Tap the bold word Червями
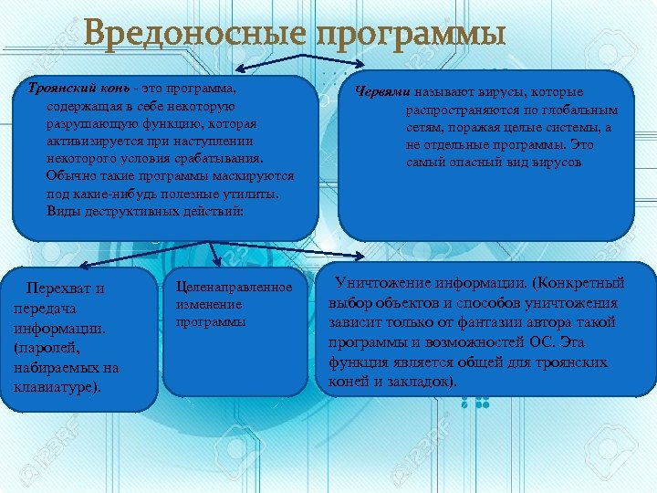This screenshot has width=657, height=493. (x=381, y=92)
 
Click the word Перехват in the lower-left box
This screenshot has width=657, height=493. (x=60, y=288)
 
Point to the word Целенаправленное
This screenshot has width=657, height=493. (x=235, y=288)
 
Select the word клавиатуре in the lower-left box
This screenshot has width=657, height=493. (x=55, y=386)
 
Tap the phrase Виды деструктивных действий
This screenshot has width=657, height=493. (x=144, y=211)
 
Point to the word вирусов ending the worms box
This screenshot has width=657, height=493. (x=558, y=162)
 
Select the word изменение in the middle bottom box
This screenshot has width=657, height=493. (x=209, y=305)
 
